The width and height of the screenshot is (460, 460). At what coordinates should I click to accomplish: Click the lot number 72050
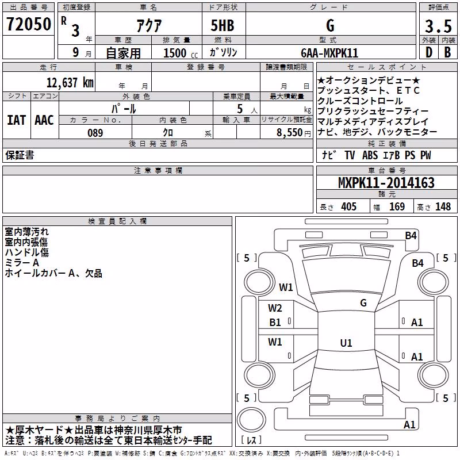pyautogui.click(x=28, y=24)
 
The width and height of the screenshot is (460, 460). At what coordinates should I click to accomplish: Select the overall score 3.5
pyautogui.click(x=438, y=26)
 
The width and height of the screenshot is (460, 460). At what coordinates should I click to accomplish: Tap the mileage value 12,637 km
pyautogui.click(x=70, y=82)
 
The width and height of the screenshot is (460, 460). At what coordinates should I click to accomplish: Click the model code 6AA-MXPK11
pyautogui.click(x=329, y=53)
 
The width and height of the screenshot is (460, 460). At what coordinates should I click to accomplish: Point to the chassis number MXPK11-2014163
pyautogui.click(x=386, y=182)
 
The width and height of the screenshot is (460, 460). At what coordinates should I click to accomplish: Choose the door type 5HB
pyautogui.click(x=223, y=25)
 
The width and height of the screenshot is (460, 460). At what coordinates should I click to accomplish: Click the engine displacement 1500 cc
pyautogui.click(x=181, y=53)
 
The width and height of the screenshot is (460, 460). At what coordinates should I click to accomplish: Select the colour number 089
pyautogui.click(x=95, y=133)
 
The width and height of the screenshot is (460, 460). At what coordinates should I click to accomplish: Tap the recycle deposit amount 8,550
pyautogui.click(x=289, y=132)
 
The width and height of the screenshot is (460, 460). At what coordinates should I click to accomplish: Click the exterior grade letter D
pyautogui.click(x=429, y=52)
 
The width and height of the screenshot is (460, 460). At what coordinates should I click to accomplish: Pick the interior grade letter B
pyautogui.click(x=447, y=52)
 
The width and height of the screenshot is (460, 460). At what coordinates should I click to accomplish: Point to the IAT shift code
pyautogui.click(x=16, y=120)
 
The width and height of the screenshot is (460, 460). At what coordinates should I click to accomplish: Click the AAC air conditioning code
pyautogui.click(x=44, y=120)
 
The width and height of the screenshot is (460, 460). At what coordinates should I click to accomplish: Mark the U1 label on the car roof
pyautogui.click(x=346, y=343)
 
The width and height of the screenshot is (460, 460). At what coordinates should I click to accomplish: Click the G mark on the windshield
pyautogui.click(x=363, y=302)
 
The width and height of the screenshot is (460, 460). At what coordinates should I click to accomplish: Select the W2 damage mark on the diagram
pyautogui.click(x=275, y=308)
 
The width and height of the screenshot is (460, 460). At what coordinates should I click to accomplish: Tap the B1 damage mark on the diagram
pyautogui.click(x=275, y=323)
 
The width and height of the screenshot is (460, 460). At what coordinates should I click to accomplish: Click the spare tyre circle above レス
pyautogui.click(x=251, y=420)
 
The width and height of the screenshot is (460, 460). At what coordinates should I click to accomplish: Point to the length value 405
pyautogui.click(x=348, y=206)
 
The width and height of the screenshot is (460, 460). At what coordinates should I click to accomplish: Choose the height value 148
pyautogui.click(x=443, y=206)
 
